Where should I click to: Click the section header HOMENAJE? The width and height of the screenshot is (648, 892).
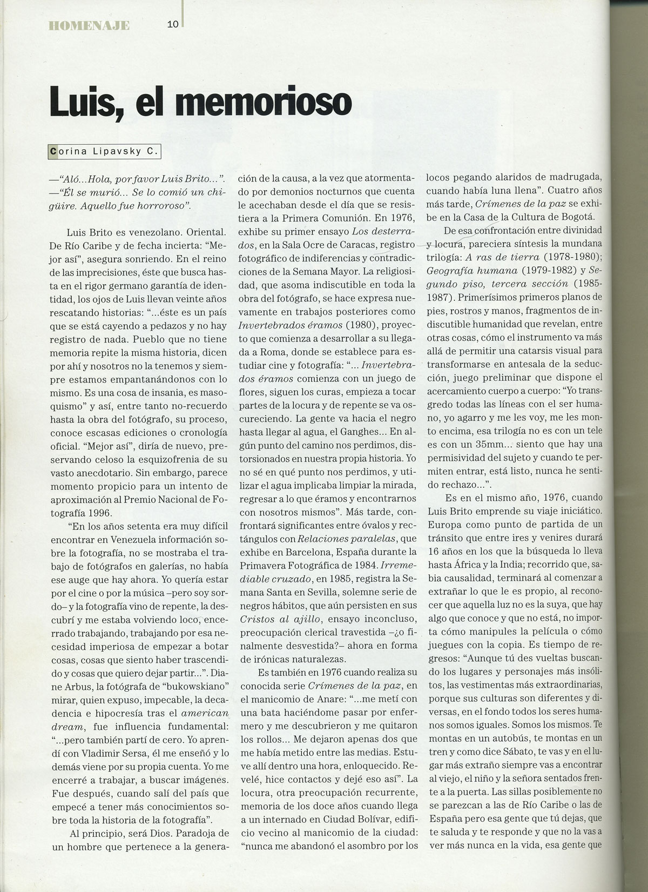[x=88, y=25]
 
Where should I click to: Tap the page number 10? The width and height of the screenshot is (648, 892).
[x=173, y=24]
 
